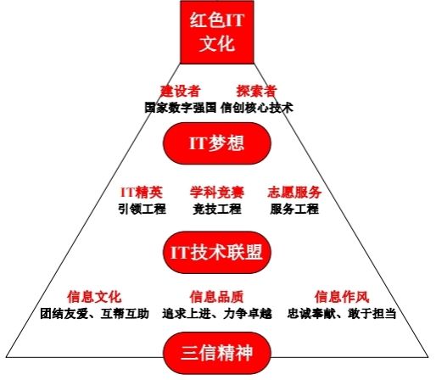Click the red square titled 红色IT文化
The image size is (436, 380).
(217, 32)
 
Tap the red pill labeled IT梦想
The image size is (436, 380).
(217, 143)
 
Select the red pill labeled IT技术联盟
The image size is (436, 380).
(217, 252)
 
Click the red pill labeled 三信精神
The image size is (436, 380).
(217, 354)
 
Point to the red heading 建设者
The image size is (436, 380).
(181, 92)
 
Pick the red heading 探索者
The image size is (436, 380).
(256, 92)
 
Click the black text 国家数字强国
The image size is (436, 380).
(181, 108)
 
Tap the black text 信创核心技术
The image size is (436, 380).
(257, 108)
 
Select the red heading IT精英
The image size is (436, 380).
(142, 193)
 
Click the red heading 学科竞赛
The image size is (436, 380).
(217, 193)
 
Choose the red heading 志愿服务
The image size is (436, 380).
(294, 193)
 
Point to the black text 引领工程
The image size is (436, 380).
(142, 210)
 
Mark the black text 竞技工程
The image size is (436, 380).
(217, 210)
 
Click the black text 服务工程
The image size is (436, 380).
(294, 210)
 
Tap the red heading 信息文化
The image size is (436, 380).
(94, 297)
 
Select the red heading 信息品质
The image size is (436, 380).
(216, 297)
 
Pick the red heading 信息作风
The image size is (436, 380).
(342, 297)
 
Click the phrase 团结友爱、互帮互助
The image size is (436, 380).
(94, 314)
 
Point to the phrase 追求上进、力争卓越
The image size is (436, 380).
(217, 314)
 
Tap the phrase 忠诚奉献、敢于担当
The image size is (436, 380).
(342, 314)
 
